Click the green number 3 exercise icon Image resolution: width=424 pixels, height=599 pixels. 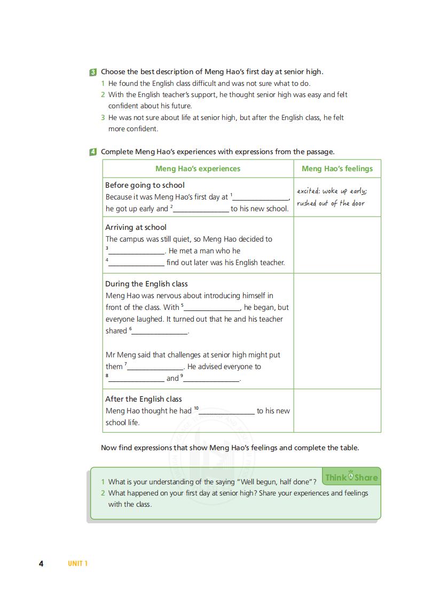93,72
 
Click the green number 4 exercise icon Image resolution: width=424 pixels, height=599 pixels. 93,152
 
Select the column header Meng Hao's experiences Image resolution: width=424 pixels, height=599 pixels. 198,169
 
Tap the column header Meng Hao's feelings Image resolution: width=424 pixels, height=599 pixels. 337,169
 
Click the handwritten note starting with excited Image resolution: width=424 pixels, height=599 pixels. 332,197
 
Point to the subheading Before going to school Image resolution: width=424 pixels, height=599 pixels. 145,185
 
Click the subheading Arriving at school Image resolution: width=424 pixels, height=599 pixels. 136,227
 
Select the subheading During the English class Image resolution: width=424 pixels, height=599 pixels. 146,284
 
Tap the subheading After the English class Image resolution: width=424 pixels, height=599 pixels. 143,399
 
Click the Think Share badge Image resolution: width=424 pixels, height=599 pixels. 351,477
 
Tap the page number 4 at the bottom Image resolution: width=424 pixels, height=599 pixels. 41,563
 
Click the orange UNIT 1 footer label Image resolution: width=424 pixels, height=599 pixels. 77,563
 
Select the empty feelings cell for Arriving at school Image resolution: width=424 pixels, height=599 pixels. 337,245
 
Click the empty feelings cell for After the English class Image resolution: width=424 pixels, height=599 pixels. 337,410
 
